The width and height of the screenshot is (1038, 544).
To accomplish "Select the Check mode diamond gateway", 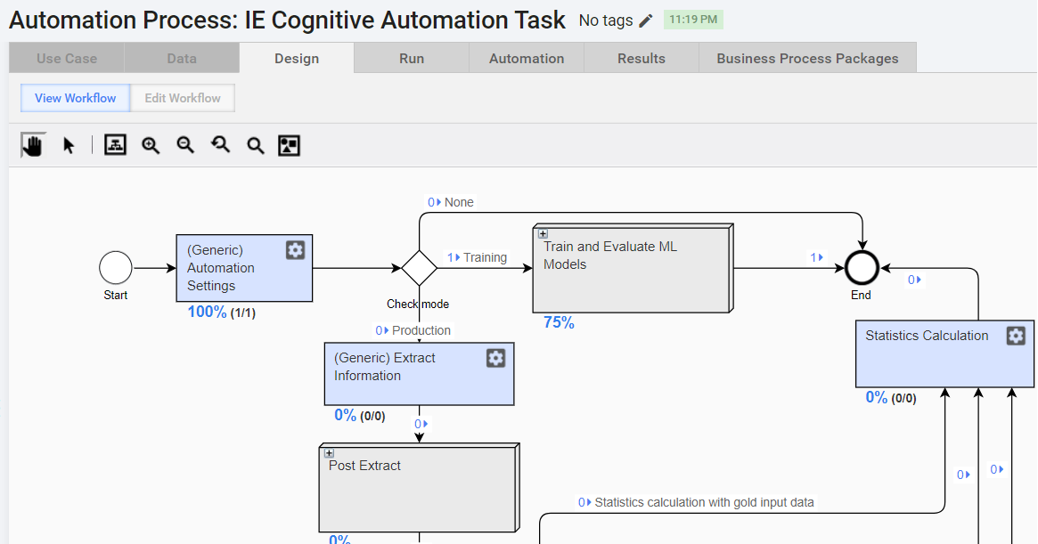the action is coord(419,268).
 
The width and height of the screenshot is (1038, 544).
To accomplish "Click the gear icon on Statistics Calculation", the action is coord(1016,336).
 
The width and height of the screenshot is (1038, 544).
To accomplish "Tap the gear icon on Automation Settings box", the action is coord(295,249).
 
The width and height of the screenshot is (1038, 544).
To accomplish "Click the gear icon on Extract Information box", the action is coord(495,358).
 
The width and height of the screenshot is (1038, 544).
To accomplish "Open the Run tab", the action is coord(412,58).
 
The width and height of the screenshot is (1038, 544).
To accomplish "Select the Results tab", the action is coord(642,58).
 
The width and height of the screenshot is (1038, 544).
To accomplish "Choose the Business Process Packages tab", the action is coord(807,58).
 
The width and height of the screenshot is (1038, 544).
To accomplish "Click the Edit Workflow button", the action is coord(183,98).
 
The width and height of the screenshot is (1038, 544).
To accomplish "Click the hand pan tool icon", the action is coord(32,145).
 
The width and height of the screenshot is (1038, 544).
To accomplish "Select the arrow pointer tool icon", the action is coord(69,146).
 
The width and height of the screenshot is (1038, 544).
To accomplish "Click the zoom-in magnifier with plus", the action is coord(151,146).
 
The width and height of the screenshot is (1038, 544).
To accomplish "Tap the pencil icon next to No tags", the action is coord(646,20).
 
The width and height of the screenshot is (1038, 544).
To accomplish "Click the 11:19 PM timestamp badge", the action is coord(693,20).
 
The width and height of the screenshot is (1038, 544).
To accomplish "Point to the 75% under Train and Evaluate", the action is coord(559,322).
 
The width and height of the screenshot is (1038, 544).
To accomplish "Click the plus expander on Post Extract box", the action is coord(329,453).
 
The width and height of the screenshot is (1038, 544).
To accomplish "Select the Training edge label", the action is coord(486,257).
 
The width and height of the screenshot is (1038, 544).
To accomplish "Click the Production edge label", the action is coord(421,330).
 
